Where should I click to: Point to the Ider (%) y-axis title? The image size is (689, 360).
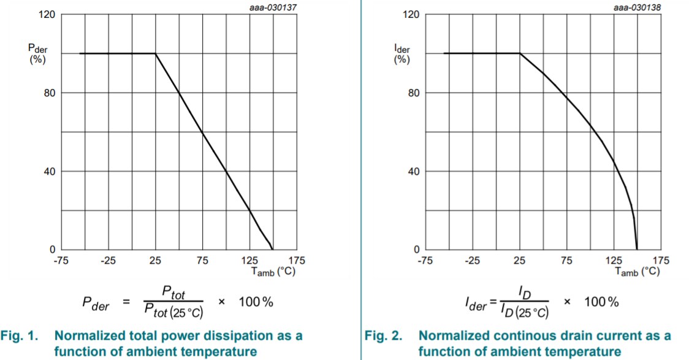click(402, 54)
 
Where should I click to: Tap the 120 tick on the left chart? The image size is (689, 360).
click(48, 15)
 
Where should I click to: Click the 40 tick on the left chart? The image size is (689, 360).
click(50, 171)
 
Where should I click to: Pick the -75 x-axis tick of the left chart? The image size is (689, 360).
click(60, 261)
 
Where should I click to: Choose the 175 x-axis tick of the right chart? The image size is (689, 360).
click(661, 261)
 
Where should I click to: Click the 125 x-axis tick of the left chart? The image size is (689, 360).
click(249, 261)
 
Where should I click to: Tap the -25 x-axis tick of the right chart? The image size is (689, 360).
click(472, 261)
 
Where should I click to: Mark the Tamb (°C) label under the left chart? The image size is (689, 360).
click(276, 271)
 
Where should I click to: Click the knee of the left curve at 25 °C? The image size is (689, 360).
click(156, 53)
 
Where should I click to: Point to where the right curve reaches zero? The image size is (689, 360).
click(637, 249)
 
